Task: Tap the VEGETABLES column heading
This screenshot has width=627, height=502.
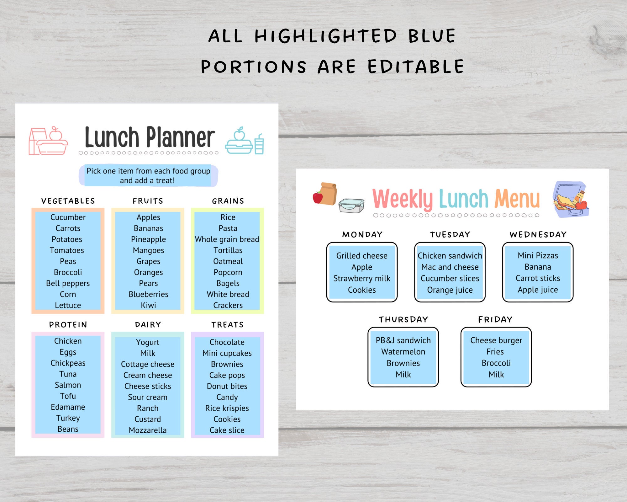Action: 68,201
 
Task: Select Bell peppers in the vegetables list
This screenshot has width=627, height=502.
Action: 68,283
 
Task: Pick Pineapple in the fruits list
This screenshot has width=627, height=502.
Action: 148,239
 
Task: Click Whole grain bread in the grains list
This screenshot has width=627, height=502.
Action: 227,239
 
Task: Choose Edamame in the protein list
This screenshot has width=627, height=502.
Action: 68,407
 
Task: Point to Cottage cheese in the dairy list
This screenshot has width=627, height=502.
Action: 148,364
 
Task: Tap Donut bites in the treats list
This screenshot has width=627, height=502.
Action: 227,386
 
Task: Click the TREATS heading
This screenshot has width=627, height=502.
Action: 227,325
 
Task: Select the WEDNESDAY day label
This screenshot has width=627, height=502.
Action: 538,235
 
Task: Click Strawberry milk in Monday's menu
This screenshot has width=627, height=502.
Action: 362,279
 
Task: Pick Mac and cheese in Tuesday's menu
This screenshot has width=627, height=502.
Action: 450,267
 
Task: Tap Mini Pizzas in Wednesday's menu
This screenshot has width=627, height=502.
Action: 538,256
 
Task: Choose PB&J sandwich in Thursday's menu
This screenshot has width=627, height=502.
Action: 403,340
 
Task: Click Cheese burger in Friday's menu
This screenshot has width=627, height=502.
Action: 496,340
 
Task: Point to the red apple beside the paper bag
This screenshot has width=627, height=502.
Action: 318,197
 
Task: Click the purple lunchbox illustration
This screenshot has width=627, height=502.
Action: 571,200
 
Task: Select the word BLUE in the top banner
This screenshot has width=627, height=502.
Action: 432,36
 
